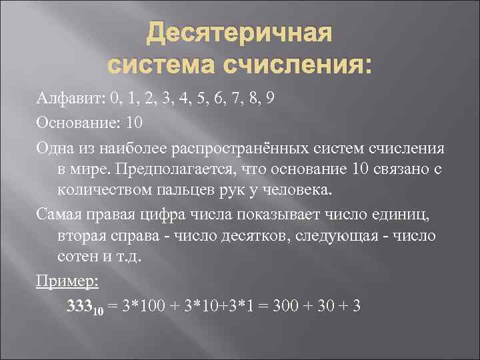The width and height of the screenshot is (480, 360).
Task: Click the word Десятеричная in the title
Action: pos(240,34)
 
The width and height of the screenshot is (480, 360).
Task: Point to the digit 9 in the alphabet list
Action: pos(269,99)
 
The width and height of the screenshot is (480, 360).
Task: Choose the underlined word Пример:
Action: pos(67,283)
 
